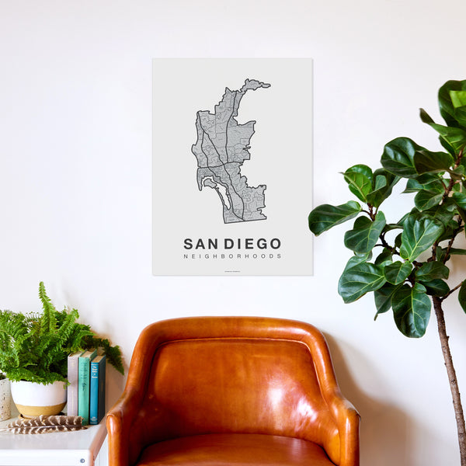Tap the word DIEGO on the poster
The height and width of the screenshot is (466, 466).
250,244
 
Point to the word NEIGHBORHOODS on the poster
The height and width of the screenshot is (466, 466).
232,256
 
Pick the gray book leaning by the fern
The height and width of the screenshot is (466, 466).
73,384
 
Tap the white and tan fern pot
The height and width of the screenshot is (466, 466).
37,398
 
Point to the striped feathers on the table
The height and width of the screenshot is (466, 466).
47,424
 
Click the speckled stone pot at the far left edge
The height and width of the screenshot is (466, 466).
4,398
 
